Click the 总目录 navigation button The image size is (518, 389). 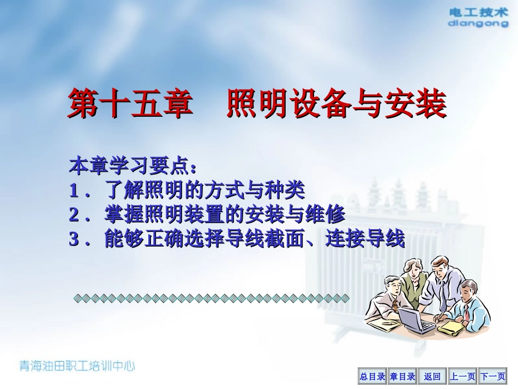coord(372,376)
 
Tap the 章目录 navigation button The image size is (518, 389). coord(402,376)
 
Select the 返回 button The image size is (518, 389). coord(432,376)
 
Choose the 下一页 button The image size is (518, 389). coord(492,376)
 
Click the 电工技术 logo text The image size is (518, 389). coord(477,12)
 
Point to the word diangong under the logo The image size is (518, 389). coord(477,23)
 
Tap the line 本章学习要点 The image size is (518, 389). coord(132,164)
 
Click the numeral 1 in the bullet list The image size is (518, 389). coord(74,190)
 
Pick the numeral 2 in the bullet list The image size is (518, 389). coord(74,215)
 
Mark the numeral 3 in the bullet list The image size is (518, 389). coord(74,240)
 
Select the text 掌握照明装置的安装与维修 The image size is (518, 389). coord(225,215)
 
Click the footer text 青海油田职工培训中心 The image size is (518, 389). coord(76,366)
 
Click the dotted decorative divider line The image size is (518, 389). coord(210,298)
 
